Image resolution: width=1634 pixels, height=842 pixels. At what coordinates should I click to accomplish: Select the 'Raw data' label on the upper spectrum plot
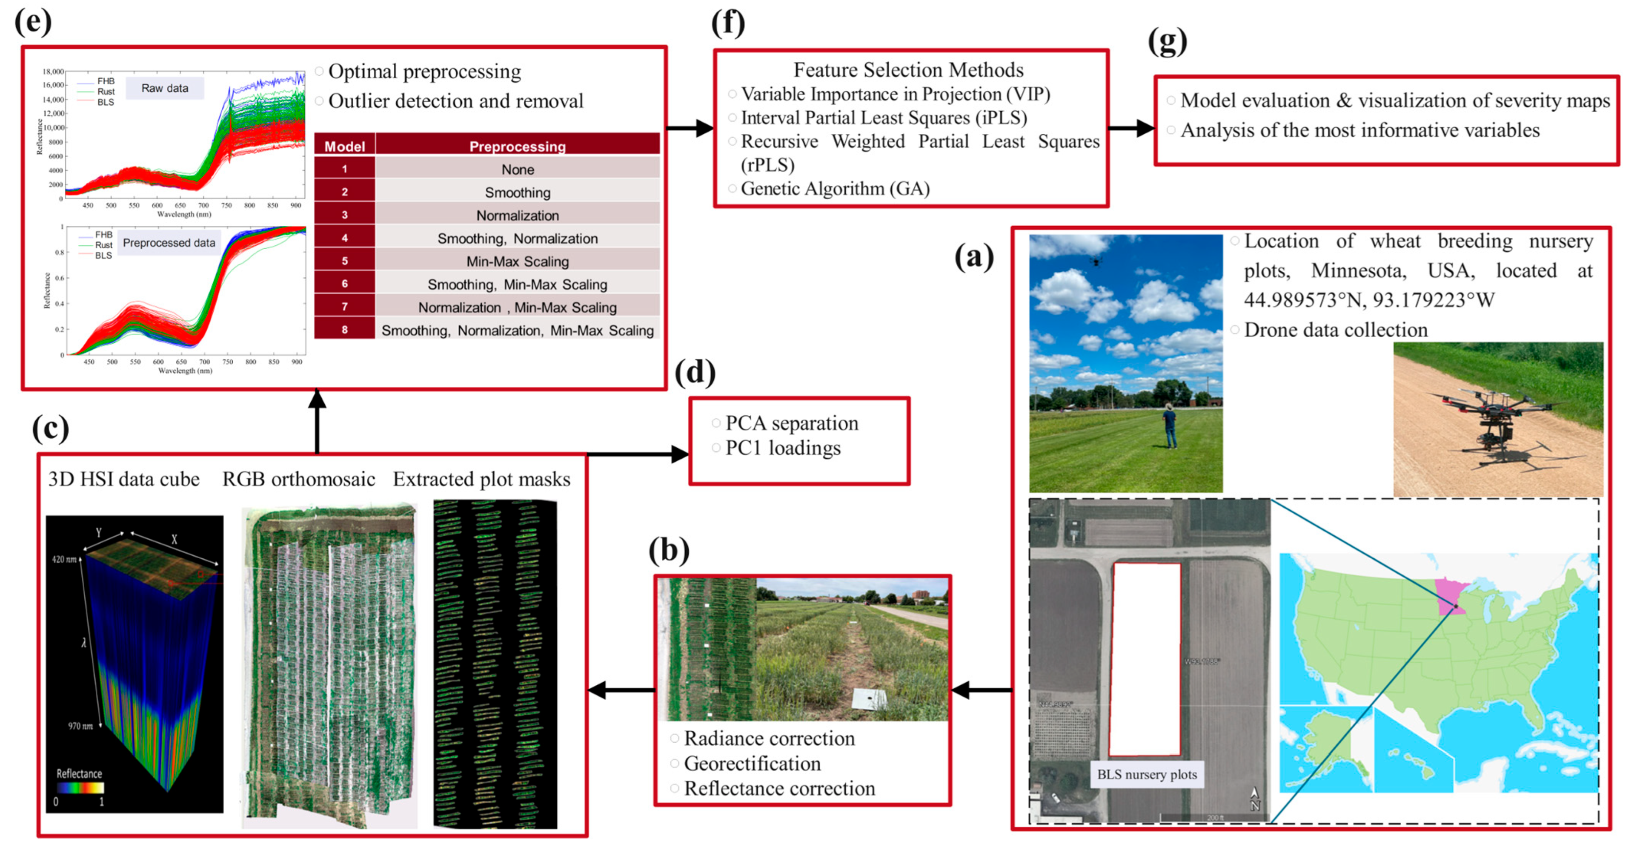pyautogui.click(x=164, y=88)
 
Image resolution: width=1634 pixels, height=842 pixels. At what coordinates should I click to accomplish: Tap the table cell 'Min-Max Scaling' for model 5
pyautogui.click(x=517, y=262)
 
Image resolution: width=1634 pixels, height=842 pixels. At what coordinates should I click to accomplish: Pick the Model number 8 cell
pyautogui.click(x=344, y=330)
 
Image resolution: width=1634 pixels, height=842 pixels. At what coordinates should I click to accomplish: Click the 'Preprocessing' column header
pyautogui.click(x=517, y=146)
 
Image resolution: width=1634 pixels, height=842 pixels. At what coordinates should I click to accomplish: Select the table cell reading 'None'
pyautogui.click(x=517, y=170)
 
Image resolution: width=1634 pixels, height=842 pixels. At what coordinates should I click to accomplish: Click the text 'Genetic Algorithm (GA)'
pyautogui.click(x=835, y=188)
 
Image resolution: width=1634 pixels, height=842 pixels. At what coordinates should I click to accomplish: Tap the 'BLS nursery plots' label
pyautogui.click(x=1147, y=774)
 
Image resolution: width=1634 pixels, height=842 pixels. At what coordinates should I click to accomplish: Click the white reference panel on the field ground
pyautogui.click(x=870, y=698)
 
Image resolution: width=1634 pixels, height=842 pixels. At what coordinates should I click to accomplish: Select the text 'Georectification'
pyautogui.click(x=752, y=763)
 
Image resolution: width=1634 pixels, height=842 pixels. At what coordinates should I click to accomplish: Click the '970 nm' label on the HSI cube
pyautogui.click(x=80, y=726)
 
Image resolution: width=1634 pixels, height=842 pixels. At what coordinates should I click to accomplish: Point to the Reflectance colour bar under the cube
pyautogui.click(x=80, y=787)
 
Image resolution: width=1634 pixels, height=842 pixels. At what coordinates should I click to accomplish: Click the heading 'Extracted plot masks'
pyautogui.click(x=481, y=479)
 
